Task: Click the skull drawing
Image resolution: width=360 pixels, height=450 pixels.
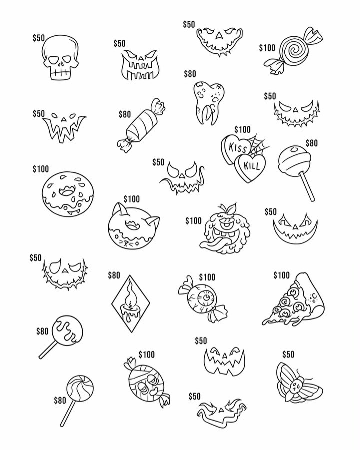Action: point(60,57)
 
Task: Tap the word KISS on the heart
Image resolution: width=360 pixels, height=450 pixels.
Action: point(237,148)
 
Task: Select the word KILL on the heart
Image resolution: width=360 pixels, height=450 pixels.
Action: point(251,166)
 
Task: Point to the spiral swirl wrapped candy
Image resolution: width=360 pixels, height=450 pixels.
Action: point(293,51)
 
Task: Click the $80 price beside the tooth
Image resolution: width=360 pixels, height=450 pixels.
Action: point(190,74)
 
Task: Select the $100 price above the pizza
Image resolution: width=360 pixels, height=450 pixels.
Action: point(281,275)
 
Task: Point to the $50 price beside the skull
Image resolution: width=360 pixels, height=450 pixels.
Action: point(39,38)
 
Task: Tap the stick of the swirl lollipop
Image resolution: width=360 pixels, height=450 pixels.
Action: point(68,413)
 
